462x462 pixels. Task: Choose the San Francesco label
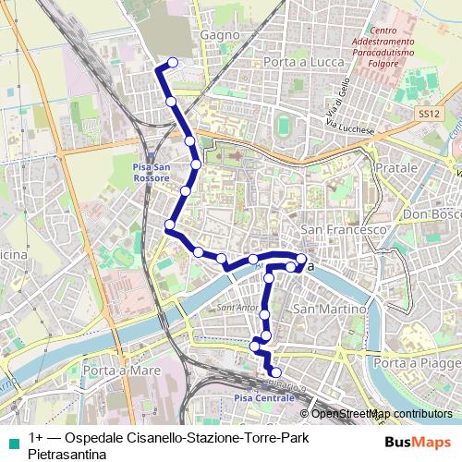point(343,229)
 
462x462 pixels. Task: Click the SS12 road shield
point(426,112)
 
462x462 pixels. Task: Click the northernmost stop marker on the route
point(171,64)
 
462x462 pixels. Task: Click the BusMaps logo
point(418,442)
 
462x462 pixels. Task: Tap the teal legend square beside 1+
point(10,438)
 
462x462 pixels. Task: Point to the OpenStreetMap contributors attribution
point(380,413)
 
